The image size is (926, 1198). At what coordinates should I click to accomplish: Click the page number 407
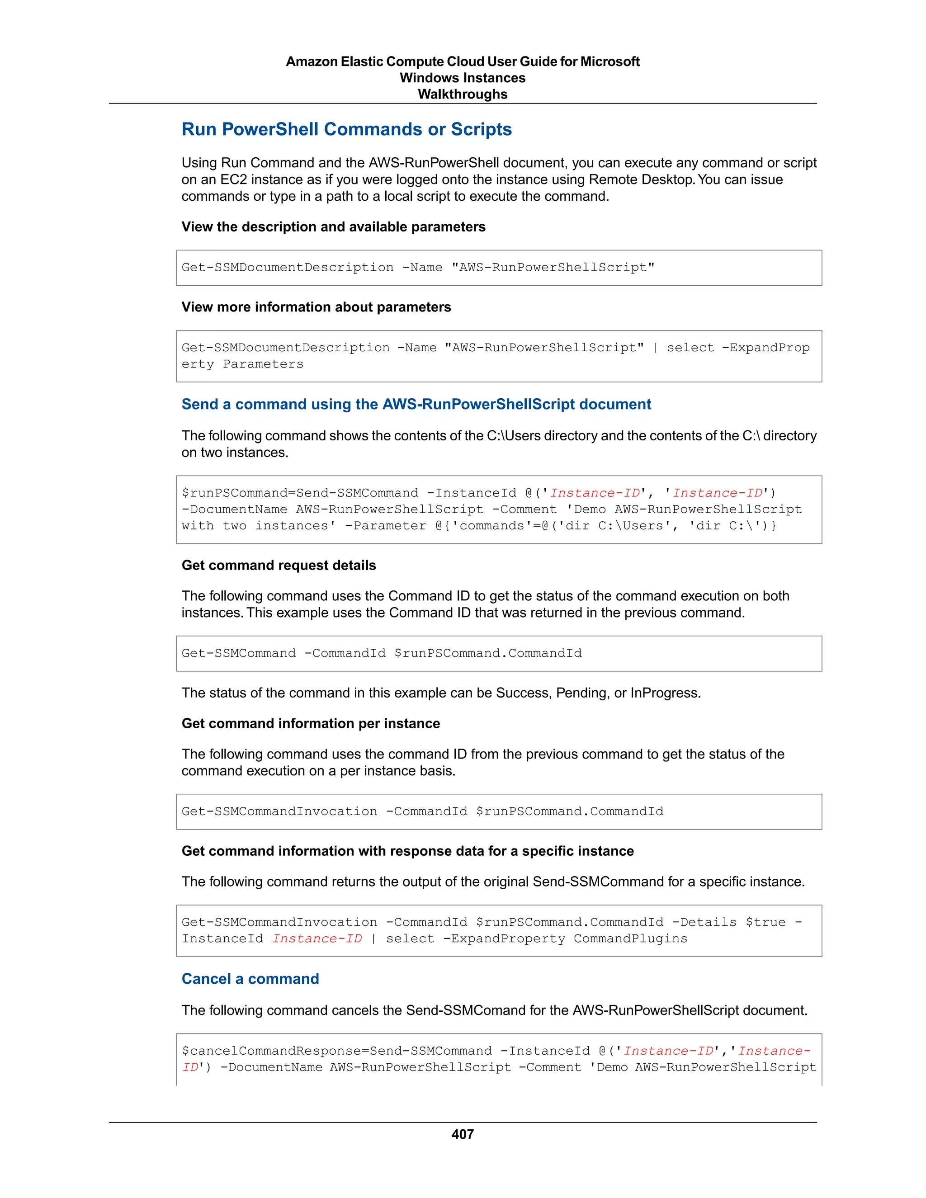click(x=463, y=1134)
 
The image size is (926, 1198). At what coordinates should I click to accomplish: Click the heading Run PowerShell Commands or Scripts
click(x=347, y=129)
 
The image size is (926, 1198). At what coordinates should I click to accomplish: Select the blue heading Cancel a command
click(x=250, y=979)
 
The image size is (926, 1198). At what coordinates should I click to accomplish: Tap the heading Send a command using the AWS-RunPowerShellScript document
click(x=416, y=404)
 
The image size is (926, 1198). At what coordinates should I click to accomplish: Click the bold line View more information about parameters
click(x=316, y=307)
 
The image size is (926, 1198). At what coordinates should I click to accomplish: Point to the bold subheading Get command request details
click(x=279, y=566)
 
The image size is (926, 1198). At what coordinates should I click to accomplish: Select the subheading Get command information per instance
click(x=311, y=723)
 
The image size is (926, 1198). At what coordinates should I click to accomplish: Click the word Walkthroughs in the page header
click(x=463, y=94)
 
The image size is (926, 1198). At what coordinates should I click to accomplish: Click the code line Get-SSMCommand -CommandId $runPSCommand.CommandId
click(x=381, y=653)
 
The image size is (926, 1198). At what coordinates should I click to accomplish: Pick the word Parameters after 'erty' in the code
click(x=263, y=364)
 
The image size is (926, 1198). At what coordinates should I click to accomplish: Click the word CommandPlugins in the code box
click(x=630, y=939)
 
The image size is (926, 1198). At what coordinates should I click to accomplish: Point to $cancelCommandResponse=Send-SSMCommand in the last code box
click(x=337, y=1051)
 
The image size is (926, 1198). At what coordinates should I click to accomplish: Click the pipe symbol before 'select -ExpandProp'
click(x=655, y=348)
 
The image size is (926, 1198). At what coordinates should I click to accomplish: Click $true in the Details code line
click(x=765, y=922)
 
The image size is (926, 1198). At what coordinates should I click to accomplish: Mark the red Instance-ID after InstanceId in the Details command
click(x=317, y=939)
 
